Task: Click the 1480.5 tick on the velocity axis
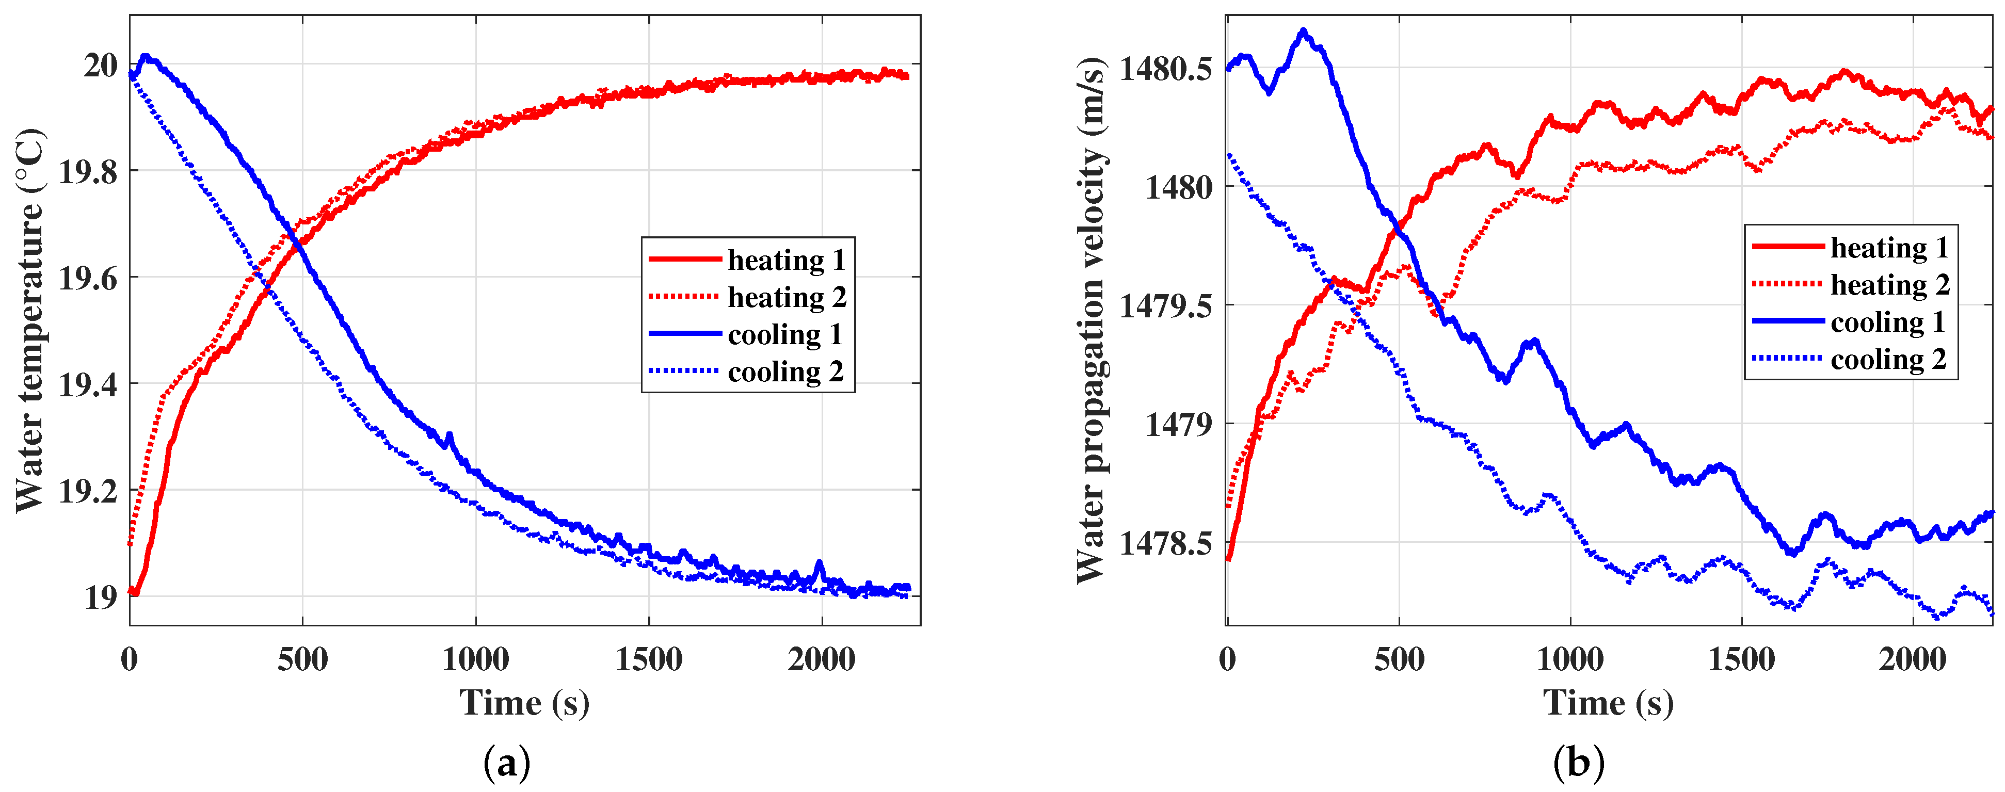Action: (x=1165, y=69)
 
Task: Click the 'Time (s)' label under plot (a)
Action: (x=524, y=703)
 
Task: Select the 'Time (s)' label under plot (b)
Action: (x=1608, y=703)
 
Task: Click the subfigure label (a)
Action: (x=507, y=763)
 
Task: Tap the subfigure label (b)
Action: (x=1579, y=763)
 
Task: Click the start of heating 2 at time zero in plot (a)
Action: (x=130, y=543)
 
